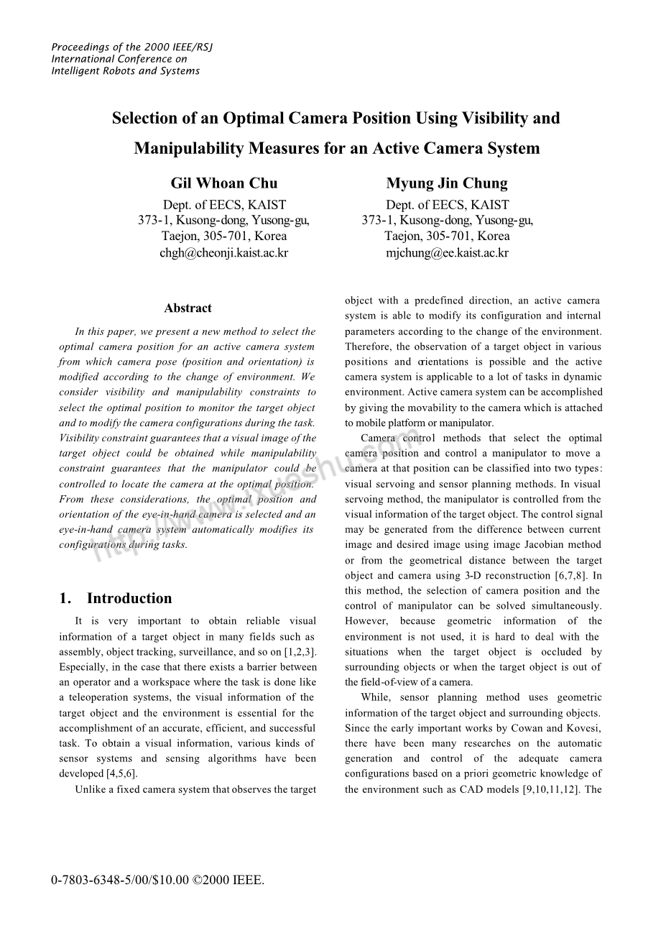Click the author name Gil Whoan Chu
(223, 183)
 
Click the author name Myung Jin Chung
(447, 183)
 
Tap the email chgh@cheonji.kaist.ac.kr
(223, 253)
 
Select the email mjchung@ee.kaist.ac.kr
(447, 253)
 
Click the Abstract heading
(188, 308)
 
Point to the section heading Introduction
(129, 599)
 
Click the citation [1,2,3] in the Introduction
(300, 652)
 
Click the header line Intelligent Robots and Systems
(126, 71)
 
